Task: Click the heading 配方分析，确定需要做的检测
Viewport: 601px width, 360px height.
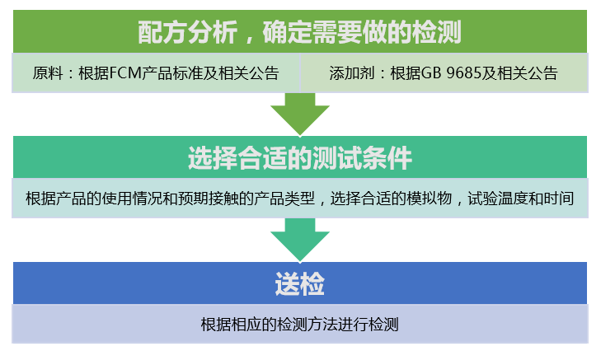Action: click(299, 32)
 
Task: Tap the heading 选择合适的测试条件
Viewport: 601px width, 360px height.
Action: click(299, 157)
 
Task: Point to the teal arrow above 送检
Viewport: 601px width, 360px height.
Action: click(299, 240)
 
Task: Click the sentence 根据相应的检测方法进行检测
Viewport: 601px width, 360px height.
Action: click(299, 324)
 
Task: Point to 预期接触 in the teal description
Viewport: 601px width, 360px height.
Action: click(219, 199)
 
